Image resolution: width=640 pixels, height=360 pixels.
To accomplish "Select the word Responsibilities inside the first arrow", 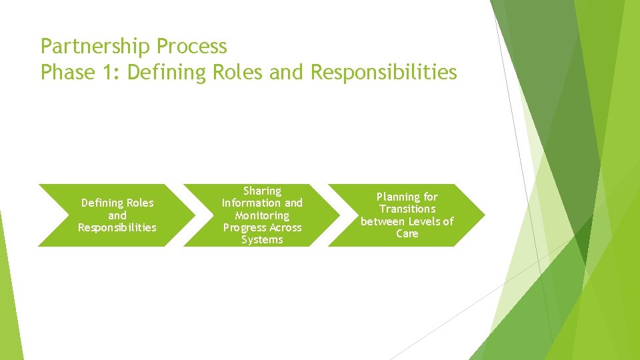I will [117, 227].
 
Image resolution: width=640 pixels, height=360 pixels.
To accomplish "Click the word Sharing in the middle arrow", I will [262, 191].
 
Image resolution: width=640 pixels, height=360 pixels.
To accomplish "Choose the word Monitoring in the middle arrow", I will [262, 215].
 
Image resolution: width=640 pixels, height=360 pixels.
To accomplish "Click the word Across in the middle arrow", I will [285, 227].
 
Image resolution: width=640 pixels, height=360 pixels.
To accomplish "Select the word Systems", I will [262, 239].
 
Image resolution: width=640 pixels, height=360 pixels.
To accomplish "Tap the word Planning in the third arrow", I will [399, 197].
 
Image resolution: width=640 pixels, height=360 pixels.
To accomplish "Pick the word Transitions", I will [407, 209].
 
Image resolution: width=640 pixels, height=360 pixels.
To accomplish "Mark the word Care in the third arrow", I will [407, 233].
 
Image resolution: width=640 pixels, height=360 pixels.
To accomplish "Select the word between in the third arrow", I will [382, 221].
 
